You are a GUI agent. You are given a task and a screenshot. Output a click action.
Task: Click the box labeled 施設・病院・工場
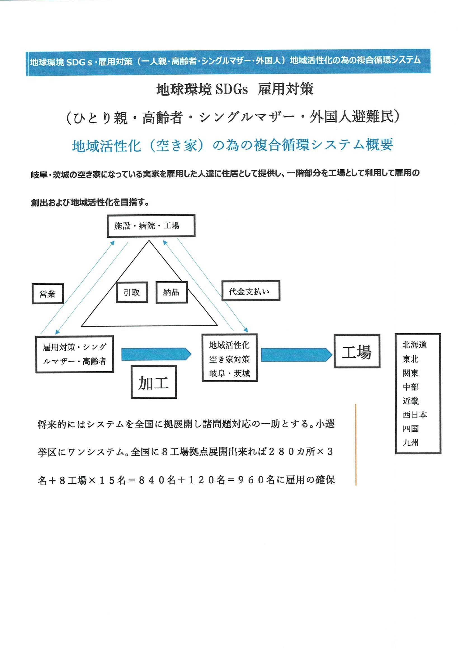point(151,225)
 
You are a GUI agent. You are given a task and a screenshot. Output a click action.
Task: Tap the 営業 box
point(48,294)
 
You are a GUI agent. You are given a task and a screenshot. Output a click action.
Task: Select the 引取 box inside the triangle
point(132,292)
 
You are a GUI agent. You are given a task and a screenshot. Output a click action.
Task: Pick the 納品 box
point(171,292)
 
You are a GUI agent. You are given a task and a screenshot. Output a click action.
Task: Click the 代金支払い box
point(250,291)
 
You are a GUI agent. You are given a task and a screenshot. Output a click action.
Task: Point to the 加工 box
point(154,382)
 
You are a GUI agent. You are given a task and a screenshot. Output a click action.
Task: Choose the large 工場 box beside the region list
point(357,351)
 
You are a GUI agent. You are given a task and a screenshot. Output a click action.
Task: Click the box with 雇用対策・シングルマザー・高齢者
point(75,354)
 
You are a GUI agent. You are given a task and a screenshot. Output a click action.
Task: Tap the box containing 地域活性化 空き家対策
point(230,358)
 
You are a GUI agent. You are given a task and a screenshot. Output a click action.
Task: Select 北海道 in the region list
point(414,345)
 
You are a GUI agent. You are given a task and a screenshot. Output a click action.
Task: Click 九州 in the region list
point(410,443)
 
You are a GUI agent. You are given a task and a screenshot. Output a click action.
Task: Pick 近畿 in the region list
point(410,401)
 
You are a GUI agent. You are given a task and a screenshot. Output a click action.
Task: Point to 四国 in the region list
point(410,429)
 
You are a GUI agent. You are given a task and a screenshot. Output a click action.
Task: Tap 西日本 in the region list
point(414,415)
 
